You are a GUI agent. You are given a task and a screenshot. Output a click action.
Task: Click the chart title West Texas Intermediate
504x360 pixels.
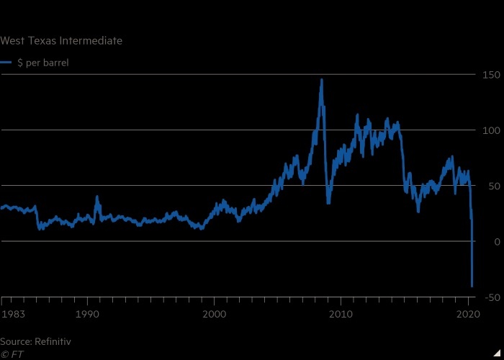coord(61,41)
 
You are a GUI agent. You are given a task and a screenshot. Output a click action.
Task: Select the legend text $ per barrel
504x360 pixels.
coord(42,63)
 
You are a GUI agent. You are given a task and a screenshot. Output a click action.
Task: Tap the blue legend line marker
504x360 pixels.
coord(6,63)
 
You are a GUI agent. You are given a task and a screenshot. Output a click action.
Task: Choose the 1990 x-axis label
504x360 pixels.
coord(87,314)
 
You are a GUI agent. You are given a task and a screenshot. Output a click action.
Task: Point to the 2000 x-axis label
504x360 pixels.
coord(214,314)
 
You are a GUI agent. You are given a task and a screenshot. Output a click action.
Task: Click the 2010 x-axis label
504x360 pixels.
coord(341,314)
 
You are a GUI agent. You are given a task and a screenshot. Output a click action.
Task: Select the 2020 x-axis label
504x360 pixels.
coord(468,314)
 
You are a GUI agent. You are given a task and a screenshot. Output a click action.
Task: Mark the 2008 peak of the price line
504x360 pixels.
coord(321,81)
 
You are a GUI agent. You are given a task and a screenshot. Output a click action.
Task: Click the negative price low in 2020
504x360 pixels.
coord(472,286)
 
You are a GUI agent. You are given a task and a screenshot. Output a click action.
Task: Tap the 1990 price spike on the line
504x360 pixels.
coord(97,197)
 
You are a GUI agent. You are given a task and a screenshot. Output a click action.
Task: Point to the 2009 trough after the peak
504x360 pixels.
coord(328,202)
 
